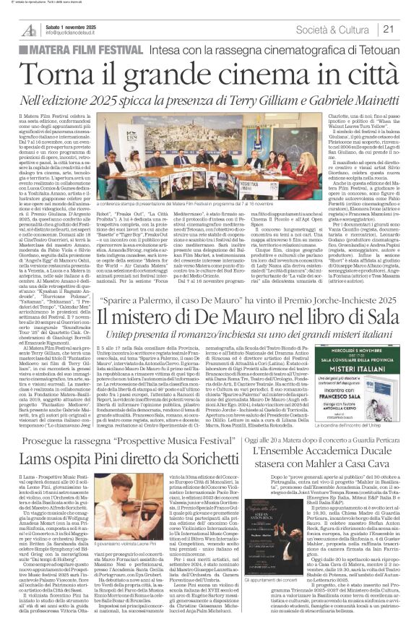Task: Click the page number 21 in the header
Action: (407, 28)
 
